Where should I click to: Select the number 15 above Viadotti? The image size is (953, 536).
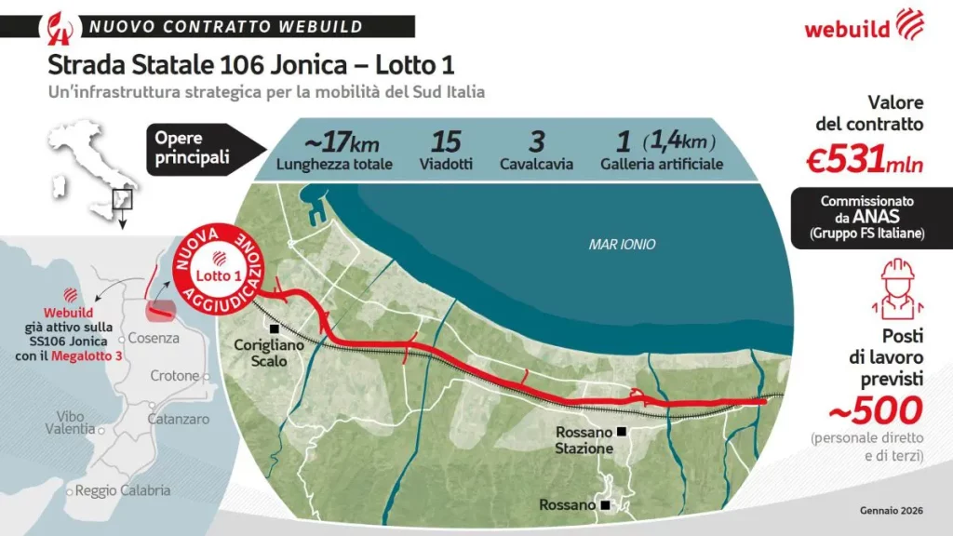(x=446, y=142)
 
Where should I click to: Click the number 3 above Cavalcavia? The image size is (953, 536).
(x=536, y=142)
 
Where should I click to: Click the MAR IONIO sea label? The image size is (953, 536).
(x=623, y=245)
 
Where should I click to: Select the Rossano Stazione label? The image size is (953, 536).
(x=584, y=440)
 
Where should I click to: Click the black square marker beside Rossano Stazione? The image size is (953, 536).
(x=621, y=432)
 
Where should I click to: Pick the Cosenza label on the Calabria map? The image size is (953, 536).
(x=153, y=338)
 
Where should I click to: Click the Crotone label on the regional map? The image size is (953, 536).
(x=175, y=376)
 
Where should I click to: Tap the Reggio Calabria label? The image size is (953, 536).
(x=123, y=490)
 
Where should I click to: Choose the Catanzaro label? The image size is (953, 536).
(x=176, y=420)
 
